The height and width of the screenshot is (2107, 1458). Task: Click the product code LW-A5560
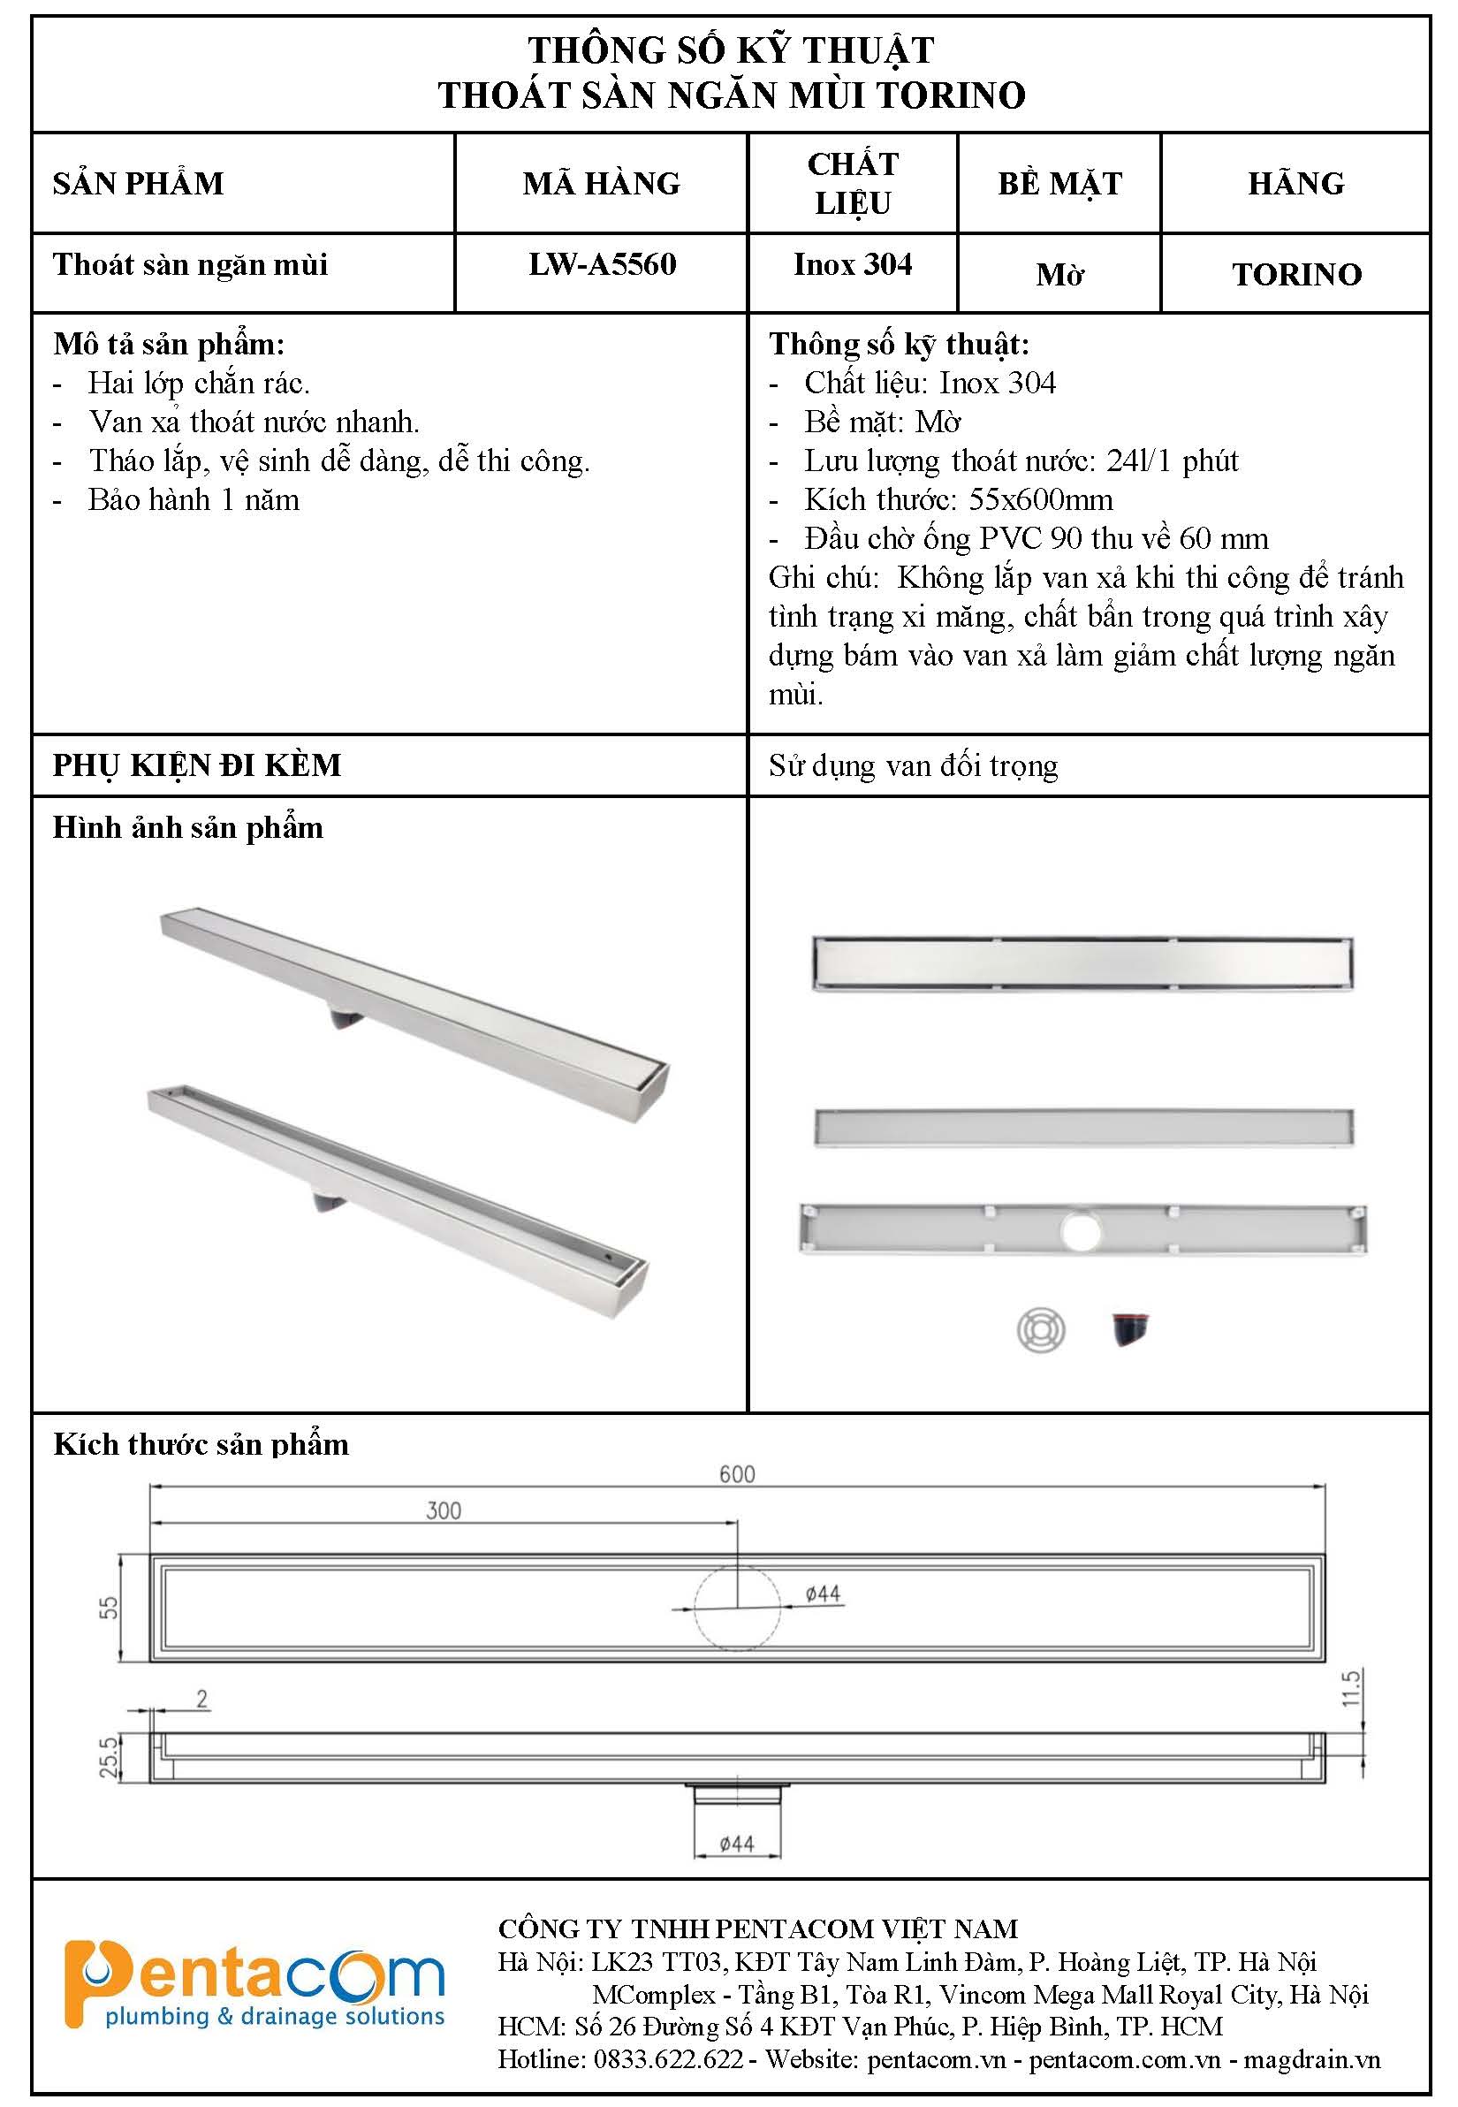[x=602, y=265]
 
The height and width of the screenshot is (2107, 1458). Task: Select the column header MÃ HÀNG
[x=601, y=184]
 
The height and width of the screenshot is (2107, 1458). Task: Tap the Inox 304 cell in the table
[x=853, y=265]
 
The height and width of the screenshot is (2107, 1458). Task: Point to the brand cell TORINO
[x=1296, y=274]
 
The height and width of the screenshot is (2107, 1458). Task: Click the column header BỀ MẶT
[x=1059, y=184]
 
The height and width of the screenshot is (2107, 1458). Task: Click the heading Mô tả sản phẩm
[x=169, y=345]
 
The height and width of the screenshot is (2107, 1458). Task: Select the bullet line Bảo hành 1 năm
[x=194, y=500]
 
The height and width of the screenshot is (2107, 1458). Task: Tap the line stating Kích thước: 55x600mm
[x=958, y=500]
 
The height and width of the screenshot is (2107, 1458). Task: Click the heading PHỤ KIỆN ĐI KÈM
[x=196, y=764]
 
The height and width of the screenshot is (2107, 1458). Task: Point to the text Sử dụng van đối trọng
[x=913, y=765]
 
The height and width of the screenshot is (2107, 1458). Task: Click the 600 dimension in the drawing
[x=736, y=1474]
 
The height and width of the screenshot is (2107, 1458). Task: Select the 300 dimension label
[x=443, y=1510]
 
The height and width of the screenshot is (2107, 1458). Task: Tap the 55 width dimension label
[x=109, y=1607]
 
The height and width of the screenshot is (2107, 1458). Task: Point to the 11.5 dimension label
[x=1352, y=1687]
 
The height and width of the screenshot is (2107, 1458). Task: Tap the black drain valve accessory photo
[x=1130, y=1328]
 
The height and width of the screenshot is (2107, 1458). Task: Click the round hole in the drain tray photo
[x=1082, y=1231]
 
